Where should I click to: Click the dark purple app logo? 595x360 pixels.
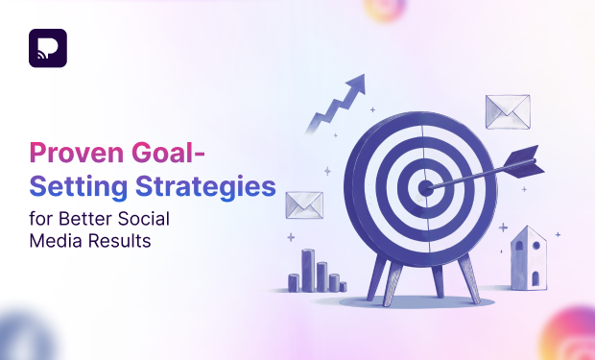pos(48,49)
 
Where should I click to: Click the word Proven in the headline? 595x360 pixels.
pos(66,153)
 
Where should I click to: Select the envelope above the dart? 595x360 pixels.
pos(508,111)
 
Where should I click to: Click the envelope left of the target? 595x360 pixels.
pos(304,204)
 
